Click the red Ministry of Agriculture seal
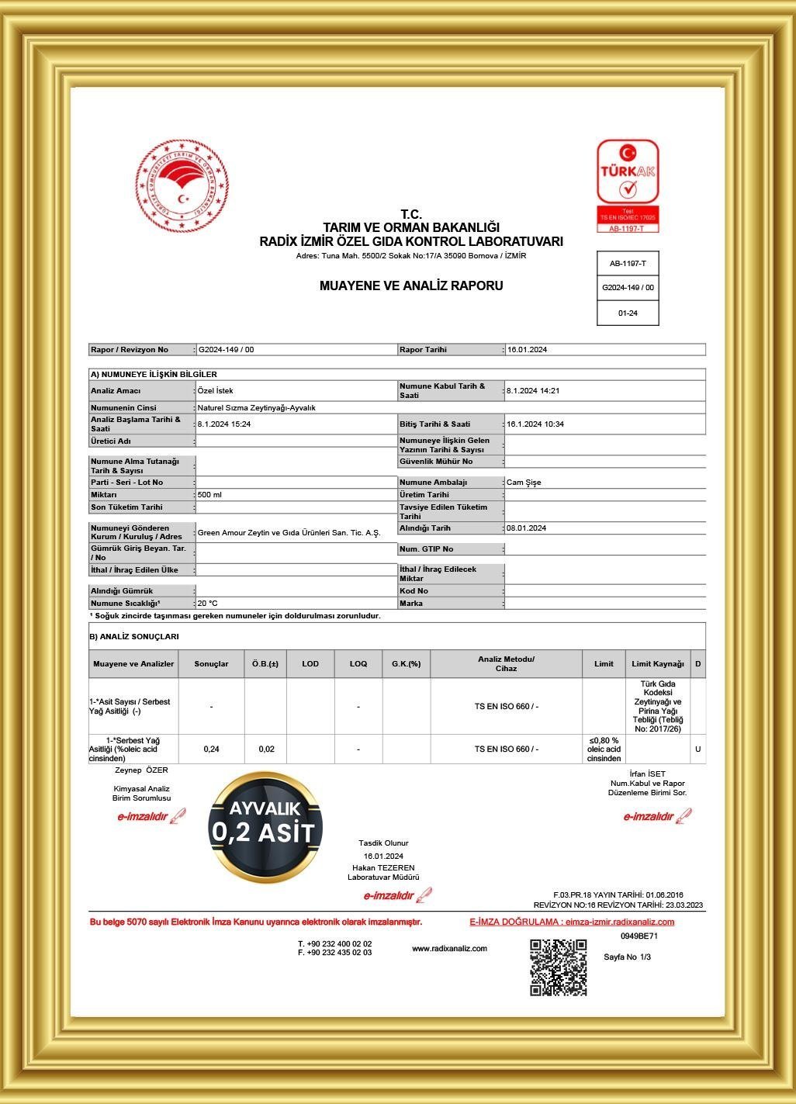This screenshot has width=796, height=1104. (182, 186)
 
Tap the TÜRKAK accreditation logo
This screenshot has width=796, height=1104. (628, 185)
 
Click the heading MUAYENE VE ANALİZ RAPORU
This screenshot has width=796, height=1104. (411, 286)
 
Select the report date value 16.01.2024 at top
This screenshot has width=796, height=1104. (528, 350)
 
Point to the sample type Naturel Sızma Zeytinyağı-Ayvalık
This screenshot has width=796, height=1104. (257, 407)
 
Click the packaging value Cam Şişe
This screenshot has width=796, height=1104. (524, 483)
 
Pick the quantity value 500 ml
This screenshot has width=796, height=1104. (209, 495)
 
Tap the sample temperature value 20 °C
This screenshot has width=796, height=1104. (208, 604)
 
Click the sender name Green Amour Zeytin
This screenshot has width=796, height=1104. (289, 533)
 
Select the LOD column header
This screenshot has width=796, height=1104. (310, 664)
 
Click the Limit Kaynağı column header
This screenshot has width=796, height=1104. (658, 664)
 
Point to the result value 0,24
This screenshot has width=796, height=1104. (211, 749)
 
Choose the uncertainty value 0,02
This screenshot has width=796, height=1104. (266, 749)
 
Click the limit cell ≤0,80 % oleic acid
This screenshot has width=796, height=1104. (604, 749)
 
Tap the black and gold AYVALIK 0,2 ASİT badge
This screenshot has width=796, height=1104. (265, 827)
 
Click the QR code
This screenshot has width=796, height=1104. (559, 967)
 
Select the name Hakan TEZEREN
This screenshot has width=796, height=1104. (383, 867)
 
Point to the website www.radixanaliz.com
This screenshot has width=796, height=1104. (449, 949)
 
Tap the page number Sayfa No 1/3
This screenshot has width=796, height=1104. (628, 957)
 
